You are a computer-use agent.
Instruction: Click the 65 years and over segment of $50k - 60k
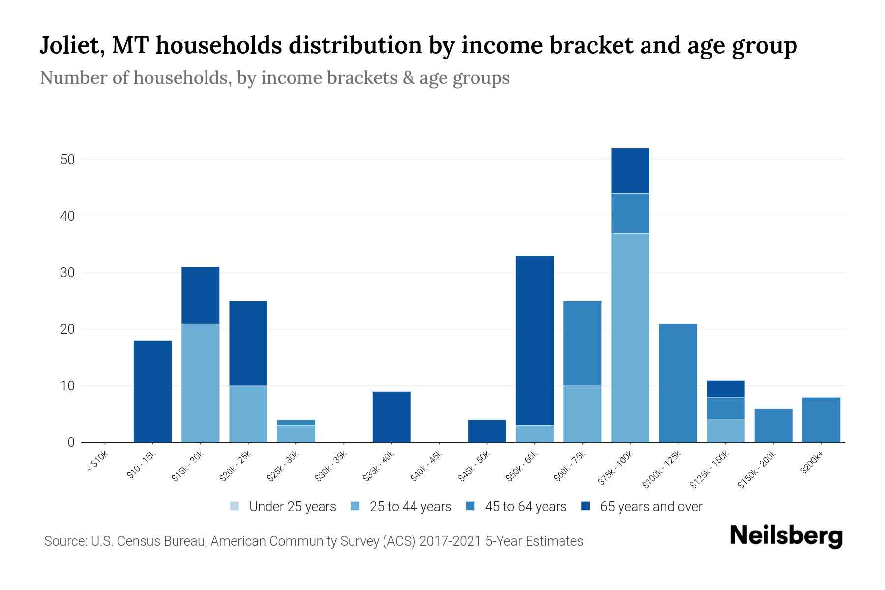point(534,340)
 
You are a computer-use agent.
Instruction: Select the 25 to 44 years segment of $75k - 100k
point(630,338)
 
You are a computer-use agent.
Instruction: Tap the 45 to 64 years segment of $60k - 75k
point(582,343)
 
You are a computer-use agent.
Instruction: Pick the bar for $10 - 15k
point(152,391)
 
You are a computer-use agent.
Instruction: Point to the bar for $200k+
point(821,420)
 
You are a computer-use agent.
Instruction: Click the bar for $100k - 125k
point(678,383)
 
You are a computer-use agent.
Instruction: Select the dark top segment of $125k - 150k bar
point(725,388)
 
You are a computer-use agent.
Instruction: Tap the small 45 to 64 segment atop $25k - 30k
point(295,422)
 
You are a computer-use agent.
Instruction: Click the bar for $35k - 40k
point(391,417)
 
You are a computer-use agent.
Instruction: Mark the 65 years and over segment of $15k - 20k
point(200,295)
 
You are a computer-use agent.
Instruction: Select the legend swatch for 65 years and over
point(586,506)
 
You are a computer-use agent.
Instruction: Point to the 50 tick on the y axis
point(68,160)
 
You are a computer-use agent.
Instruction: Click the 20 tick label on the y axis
point(68,329)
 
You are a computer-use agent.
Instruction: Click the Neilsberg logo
point(786,535)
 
